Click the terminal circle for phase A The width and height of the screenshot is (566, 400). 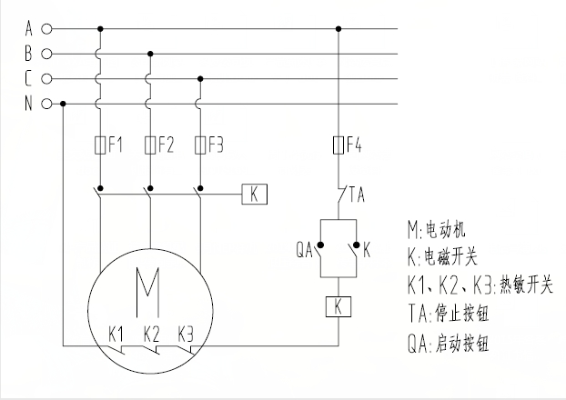click(46, 29)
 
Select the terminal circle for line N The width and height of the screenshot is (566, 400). click(46, 104)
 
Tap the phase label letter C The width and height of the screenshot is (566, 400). click(28, 79)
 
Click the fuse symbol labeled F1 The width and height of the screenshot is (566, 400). click(100, 145)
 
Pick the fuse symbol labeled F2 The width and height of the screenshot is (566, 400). click(149, 145)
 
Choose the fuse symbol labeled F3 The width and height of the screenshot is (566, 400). click(199, 145)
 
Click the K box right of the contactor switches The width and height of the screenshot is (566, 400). click(254, 193)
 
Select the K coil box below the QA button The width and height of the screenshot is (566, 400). click(339, 306)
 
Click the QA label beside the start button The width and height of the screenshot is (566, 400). click(304, 245)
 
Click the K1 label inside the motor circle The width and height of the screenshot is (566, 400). click(116, 331)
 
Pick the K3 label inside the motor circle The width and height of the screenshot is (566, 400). click(186, 331)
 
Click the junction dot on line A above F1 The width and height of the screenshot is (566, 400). click(100, 29)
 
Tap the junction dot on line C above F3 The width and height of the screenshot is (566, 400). click(199, 79)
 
